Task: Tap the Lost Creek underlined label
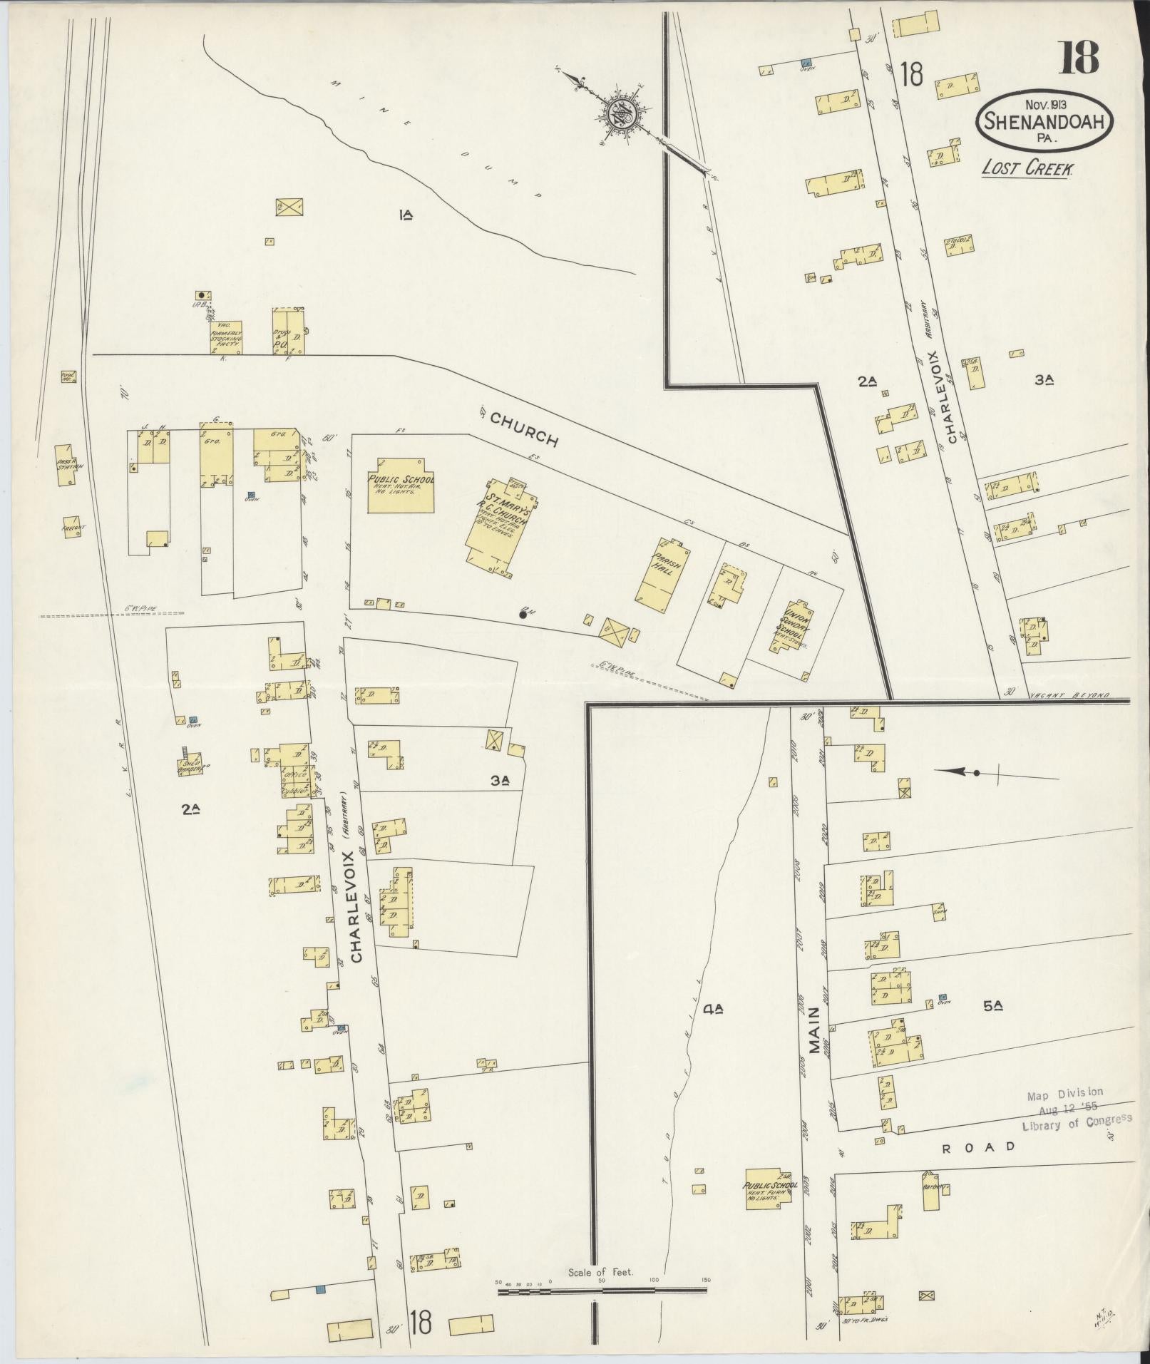click(1027, 168)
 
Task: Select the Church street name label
click(524, 431)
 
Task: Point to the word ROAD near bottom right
click(978, 1147)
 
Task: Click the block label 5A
click(992, 1006)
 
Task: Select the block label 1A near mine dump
click(406, 214)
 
